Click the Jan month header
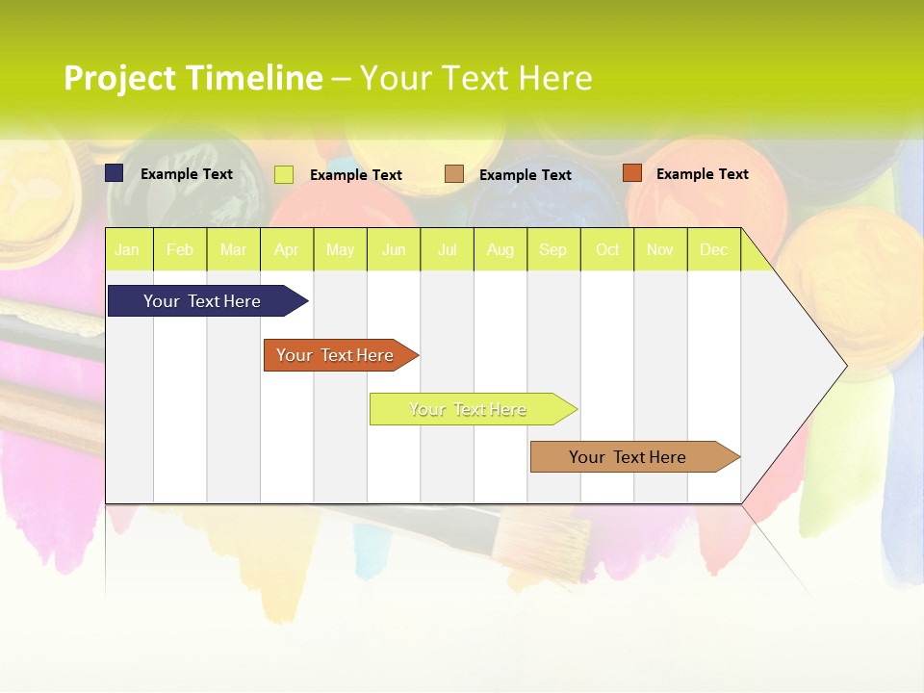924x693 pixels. pyautogui.click(x=128, y=249)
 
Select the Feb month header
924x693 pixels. pyautogui.click(x=180, y=249)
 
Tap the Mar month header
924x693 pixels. pyautogui.click(x=233, y=249)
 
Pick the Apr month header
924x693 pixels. pyautogui.click(x=287, y=249)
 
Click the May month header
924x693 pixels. pyautogui.click(x=340, y=249)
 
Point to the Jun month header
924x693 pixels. pyautogui.click(x=394, y=249)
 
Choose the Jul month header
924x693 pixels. pyautogui.click(x=447, y=249)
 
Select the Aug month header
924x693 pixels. pyautogui.click(x=500, y=249)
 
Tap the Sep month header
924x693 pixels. pyautogui.click(x=553, y=249)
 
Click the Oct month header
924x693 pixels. pyautogui.click(x=607, y=249)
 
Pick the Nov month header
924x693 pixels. pyautogui.click(x=660, y=249)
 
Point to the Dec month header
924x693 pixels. pyautogui.click(x=714, y=249)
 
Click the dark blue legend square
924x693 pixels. pyautogui.click(x=115, y=173)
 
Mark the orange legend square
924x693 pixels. pyautogui.click(x=631, y=173)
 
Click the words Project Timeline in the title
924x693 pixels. pyautogui.click(x=193, y=78)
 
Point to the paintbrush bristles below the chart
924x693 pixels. pyautogui.click(x=548, y=545)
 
